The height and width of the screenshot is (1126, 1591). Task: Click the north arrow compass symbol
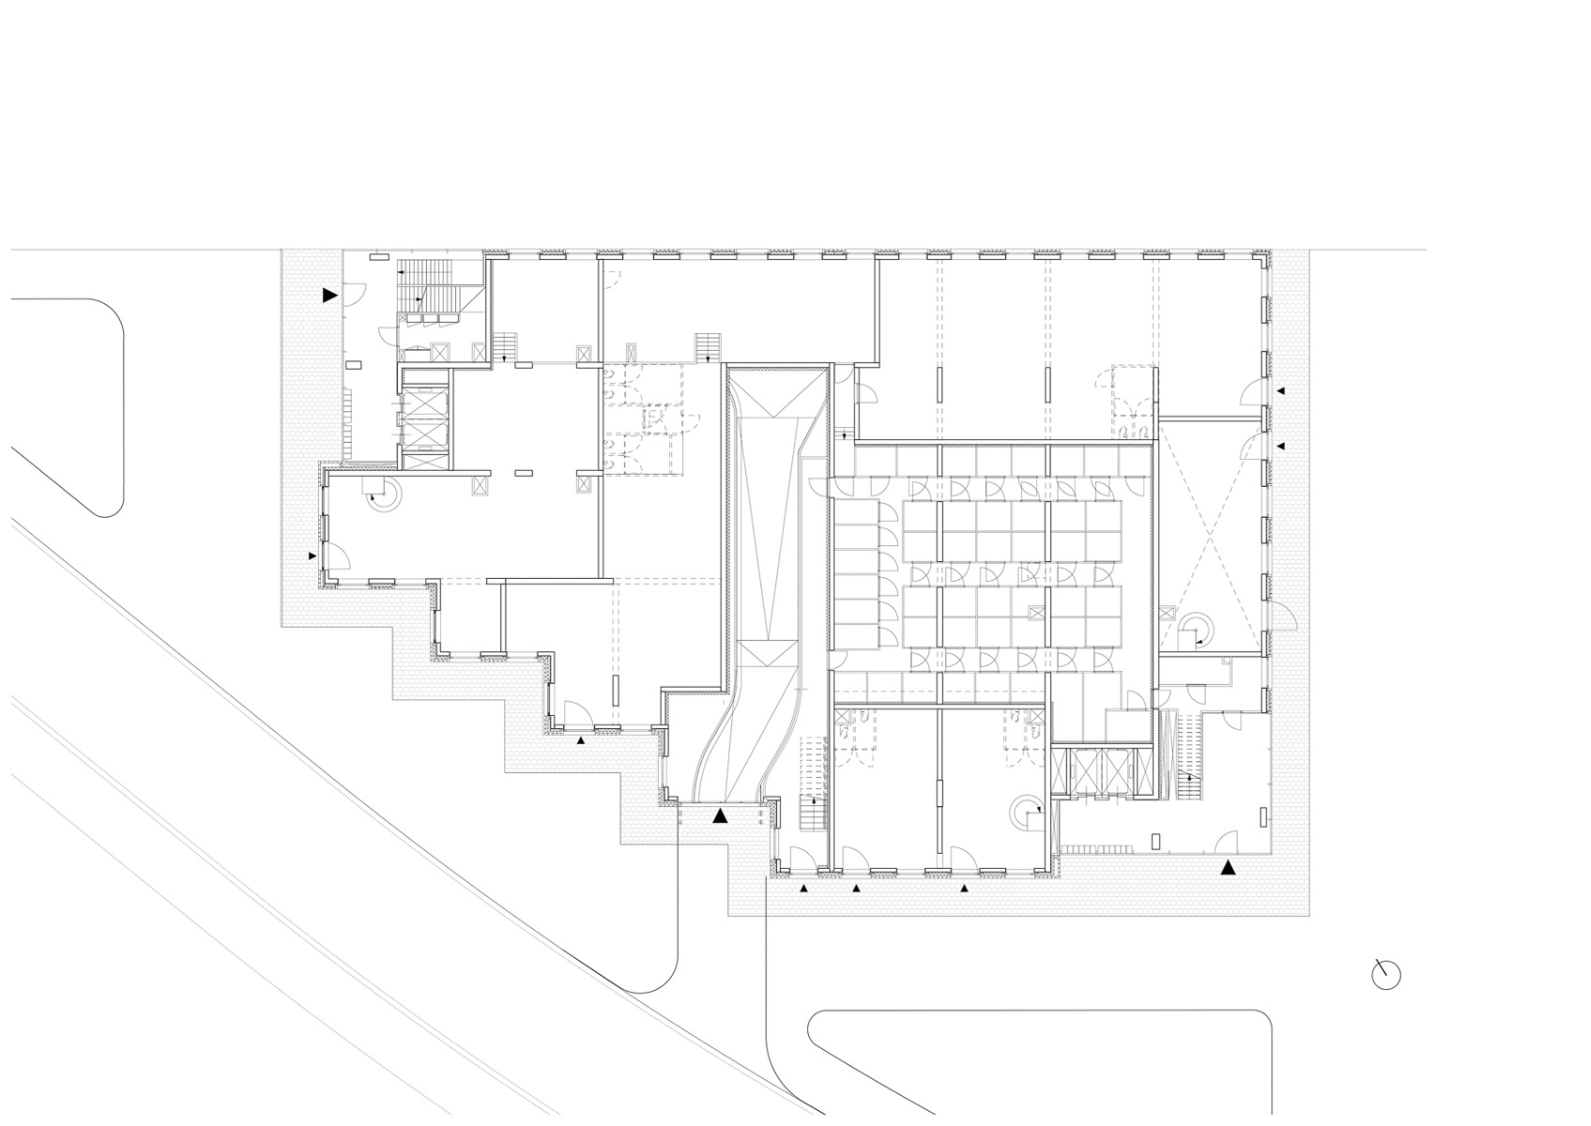tap(1385, 975)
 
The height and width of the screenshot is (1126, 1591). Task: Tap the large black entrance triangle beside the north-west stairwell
tap(329, 295)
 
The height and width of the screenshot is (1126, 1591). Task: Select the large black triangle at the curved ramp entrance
tap(720, 815)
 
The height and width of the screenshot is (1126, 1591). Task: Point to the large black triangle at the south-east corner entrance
tap(1227, 868)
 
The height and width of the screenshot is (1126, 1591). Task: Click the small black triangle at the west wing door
tap(313, 556)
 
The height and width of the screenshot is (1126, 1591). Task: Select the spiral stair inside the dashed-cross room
tap(1198, 629)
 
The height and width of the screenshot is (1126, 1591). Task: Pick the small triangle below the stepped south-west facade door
tap(580, 740)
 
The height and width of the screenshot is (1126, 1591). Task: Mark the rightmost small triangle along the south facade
tap(963, 887)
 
